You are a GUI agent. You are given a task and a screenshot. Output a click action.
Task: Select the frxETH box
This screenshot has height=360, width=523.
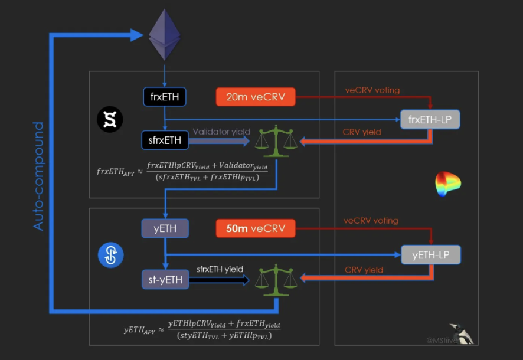coord(165,97)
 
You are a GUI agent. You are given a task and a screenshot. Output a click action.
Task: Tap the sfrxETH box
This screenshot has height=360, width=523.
coord(165,140)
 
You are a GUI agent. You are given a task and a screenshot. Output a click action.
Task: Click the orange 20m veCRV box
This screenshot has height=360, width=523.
coord(255,97)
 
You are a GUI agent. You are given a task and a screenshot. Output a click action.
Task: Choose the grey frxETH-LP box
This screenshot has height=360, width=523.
coord(430,119)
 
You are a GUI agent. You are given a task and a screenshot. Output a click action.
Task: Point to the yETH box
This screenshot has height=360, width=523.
coord(165,228)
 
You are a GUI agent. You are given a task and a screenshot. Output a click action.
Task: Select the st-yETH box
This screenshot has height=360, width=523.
coord(165,279)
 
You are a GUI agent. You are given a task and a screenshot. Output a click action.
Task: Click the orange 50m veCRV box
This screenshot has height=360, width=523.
coord(256,228)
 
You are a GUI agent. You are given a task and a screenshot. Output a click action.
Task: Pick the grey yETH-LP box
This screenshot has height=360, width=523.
coord(430,254)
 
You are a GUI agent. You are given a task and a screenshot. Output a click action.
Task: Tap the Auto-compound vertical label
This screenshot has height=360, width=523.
coord(38,176)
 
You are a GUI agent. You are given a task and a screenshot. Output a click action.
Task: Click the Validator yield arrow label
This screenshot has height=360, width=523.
coord(221,132)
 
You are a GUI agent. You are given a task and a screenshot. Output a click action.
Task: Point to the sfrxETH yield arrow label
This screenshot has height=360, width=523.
coord(220,269)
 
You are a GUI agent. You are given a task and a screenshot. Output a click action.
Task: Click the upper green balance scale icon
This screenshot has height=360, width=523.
coord(275,140)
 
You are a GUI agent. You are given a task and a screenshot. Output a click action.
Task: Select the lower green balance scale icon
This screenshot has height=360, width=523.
coord(275,279)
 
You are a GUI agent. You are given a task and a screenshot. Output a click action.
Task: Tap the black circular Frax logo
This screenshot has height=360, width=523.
coord(110,120)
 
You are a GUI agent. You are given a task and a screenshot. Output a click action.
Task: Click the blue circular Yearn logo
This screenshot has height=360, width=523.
coord(110,255)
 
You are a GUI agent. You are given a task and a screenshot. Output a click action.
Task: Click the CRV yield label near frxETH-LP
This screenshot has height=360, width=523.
coord(362,132)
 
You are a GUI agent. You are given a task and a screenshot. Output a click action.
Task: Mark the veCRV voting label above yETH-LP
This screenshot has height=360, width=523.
coord(371,221)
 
